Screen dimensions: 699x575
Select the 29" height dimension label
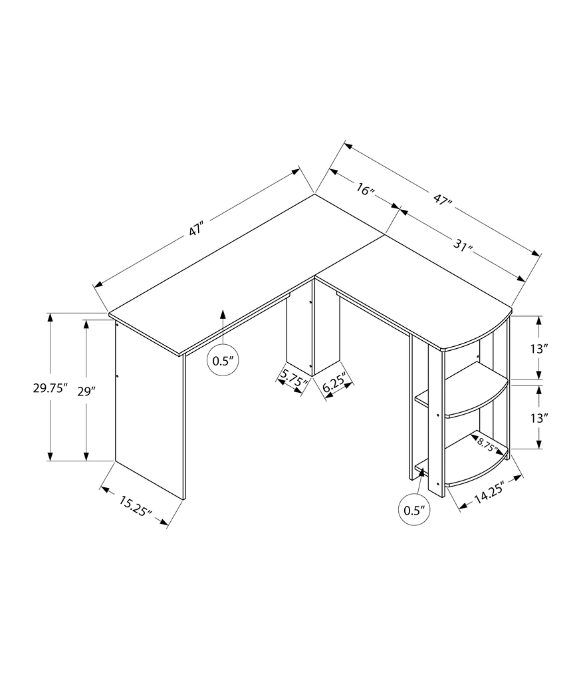(x=86, y=391)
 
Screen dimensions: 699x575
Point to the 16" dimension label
(x=364, y=190)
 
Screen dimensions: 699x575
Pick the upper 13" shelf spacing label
(x=540, y=348)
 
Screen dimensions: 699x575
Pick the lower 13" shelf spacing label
(x=540, y=418)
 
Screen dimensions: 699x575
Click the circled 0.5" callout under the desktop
(x=223, y=361)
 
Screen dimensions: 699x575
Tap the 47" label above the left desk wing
(x=195, y=230)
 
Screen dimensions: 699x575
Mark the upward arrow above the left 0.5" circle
(x=223, y=323)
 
